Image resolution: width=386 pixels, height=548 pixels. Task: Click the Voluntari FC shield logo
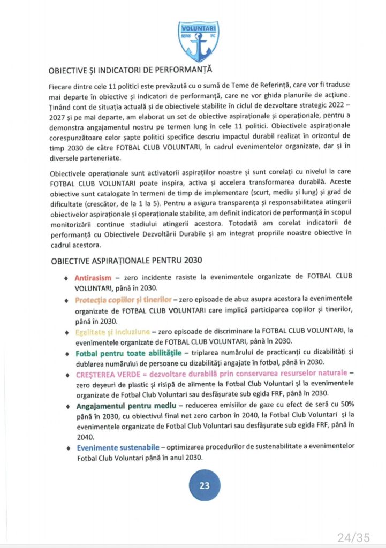[x=199, y=41]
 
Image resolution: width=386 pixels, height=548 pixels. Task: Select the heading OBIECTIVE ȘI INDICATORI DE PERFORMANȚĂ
[x=130, y=71]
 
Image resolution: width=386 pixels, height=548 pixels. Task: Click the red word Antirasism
[x=93, y=278]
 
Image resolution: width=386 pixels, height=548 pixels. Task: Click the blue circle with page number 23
[x=204, y=485]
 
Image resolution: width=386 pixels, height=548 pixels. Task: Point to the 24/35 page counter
[x=353, y=537]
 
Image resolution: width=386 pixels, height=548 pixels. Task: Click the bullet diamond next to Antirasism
[x=66, y=279]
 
